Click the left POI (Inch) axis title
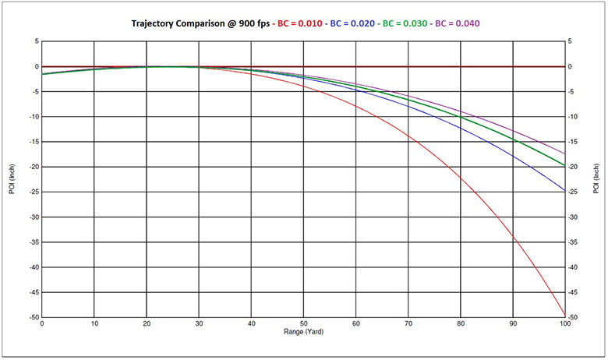(x=13, y=179)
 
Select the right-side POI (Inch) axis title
(x=596, y=179)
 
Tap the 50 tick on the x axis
(x=303, y=323)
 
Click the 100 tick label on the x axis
(x=565, y=323)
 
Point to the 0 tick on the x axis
(x=41, y=323)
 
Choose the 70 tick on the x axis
(x=408, y=323)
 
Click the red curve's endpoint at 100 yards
(x=565, y=315)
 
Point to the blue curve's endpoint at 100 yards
(x=565, y=191)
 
